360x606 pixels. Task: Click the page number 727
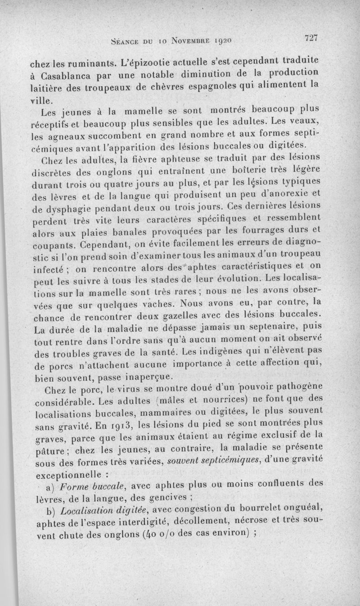click(x=311, y=38)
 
